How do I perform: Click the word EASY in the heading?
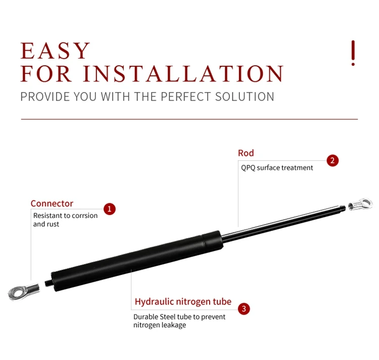pos(55,52)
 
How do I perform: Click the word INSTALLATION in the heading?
pos(183,74)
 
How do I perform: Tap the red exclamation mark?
pos(353,53)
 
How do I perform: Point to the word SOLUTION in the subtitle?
pos(247,97)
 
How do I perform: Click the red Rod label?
pos(246,153)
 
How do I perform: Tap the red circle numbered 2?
pos(332,161)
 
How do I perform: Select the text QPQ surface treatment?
pos(277,167)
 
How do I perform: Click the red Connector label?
pos(52,203)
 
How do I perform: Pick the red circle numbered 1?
pos(110,208)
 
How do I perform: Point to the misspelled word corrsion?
pos(85,215)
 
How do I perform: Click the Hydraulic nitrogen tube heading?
pos(183,302)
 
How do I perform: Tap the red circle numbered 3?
pos(244,308)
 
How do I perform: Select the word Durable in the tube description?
pos(146,317)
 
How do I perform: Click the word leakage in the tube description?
pos(173,325)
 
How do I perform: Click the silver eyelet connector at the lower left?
pos(23,292)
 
